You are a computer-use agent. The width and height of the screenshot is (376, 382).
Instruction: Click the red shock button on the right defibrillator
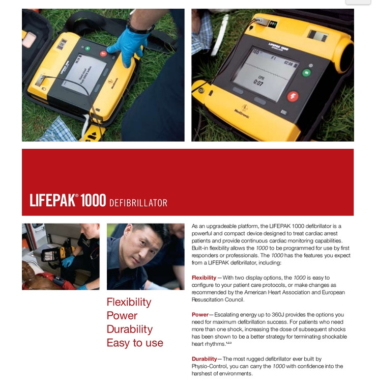coord(293,96)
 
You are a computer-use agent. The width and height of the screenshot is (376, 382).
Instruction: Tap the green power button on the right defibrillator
coord(306,73)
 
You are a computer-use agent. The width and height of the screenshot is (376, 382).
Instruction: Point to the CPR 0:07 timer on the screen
coord(259,81)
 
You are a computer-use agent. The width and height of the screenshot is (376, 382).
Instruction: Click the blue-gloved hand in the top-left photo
coord(128,45)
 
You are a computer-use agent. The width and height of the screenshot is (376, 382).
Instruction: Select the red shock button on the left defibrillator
coord(103,53)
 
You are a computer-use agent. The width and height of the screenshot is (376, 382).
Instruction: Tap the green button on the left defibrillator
coord(88,48)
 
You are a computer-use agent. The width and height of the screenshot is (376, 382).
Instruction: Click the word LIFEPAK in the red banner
coord(52,200)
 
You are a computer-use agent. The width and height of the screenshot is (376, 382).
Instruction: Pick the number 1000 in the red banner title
coord(93,200)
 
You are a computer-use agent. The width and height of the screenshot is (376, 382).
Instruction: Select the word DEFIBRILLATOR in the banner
coord(138,203)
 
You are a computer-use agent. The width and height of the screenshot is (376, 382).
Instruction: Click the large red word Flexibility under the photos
coord(129,302)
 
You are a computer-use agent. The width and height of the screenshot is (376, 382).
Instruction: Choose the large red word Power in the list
coord(122,316)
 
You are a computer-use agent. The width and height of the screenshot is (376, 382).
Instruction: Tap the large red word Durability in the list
coord(130,330)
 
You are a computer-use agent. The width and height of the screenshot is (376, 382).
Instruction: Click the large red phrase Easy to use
coord(135,343)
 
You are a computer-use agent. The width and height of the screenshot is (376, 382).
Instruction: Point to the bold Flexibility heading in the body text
coord(204,278)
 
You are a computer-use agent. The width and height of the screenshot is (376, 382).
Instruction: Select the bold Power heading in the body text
coord(200,315)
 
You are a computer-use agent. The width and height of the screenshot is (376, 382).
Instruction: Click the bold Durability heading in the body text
coord(204,359)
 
